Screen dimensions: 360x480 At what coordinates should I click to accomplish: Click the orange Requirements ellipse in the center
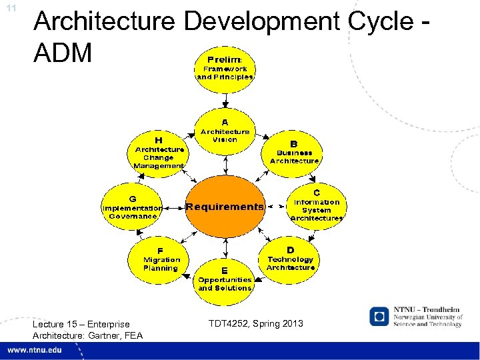tap(225, 207)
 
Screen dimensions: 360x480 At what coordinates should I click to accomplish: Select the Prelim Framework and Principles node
tap(225, 68)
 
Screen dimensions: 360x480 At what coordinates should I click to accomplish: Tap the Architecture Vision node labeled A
tap(225, 131)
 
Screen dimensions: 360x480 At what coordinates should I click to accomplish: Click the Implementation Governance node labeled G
tap(132, 207)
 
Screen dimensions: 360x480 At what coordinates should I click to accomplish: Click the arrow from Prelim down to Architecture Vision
tap(225, 99)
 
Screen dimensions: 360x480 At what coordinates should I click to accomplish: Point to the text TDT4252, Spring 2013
tap(255, 323)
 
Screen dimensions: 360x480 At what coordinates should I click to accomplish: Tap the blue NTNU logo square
tap(379, 317)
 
